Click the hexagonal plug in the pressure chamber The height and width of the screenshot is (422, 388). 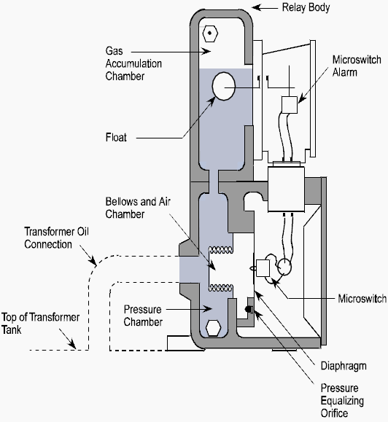pyautogui.click(x=215, y=327)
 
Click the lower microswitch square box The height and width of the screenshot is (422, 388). pyautogui.click(x=264, y=268)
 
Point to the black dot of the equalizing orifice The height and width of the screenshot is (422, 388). pyautogui.click(x=250, y=310)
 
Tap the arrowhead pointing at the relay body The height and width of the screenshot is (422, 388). pyautogui.click(x=257, y=8)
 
